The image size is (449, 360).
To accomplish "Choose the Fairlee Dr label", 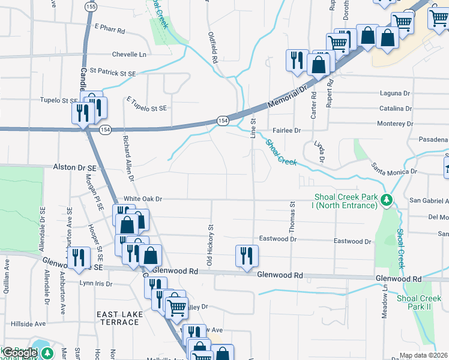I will pyautogui.click(x=286, y=130).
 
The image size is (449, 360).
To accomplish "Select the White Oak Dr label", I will pyautogui.click(x=143, y=199).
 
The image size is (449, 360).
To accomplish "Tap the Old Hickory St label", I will pyautogui.click(x=210, y=245).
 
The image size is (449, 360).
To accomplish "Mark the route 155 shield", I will pyautogui.click(x=91, y=7).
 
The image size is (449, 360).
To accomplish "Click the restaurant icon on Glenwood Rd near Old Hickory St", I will pyautogui.click(x=247, y=256).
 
